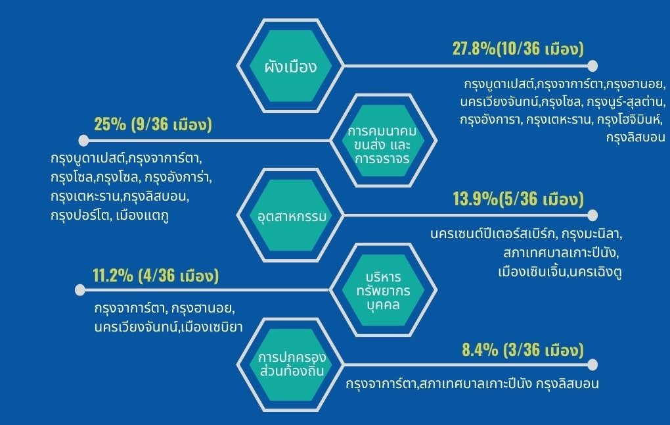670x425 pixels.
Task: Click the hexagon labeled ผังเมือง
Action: [x=290, y=66]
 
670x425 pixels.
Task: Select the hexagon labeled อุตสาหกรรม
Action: [x=290, y=215]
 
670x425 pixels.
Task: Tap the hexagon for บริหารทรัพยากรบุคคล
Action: [x=384, y=290]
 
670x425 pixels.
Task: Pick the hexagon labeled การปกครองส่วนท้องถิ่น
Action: [x=290, y=364]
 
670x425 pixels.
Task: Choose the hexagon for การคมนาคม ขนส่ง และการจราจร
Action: [x=384, y=140]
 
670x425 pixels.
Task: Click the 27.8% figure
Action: [x=474, y=49]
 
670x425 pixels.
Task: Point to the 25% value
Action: [x=110, y=124]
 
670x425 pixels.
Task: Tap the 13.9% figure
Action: [x=475, y=199]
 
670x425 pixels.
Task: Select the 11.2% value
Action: [x=113, y=276]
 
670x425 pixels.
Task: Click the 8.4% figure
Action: [x=480, y=350]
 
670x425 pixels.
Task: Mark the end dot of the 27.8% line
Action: [x=592, y=66]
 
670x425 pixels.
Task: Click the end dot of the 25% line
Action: [x=84, y=140]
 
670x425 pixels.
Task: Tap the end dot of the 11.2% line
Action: [x=80, y=290]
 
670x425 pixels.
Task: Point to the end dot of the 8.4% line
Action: [x=592, y=364]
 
